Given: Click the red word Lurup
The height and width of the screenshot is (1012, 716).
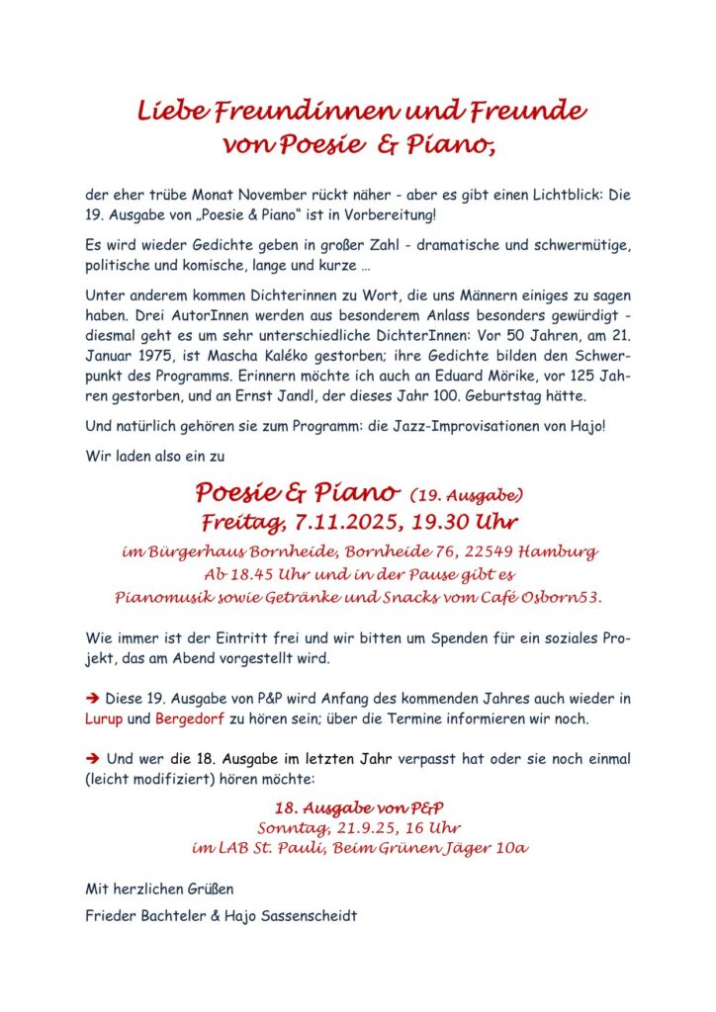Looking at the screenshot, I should coord(104,718).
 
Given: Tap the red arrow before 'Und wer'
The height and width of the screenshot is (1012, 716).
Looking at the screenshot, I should coord(94,760).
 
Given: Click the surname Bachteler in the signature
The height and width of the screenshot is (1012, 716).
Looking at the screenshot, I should coord(175,915).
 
